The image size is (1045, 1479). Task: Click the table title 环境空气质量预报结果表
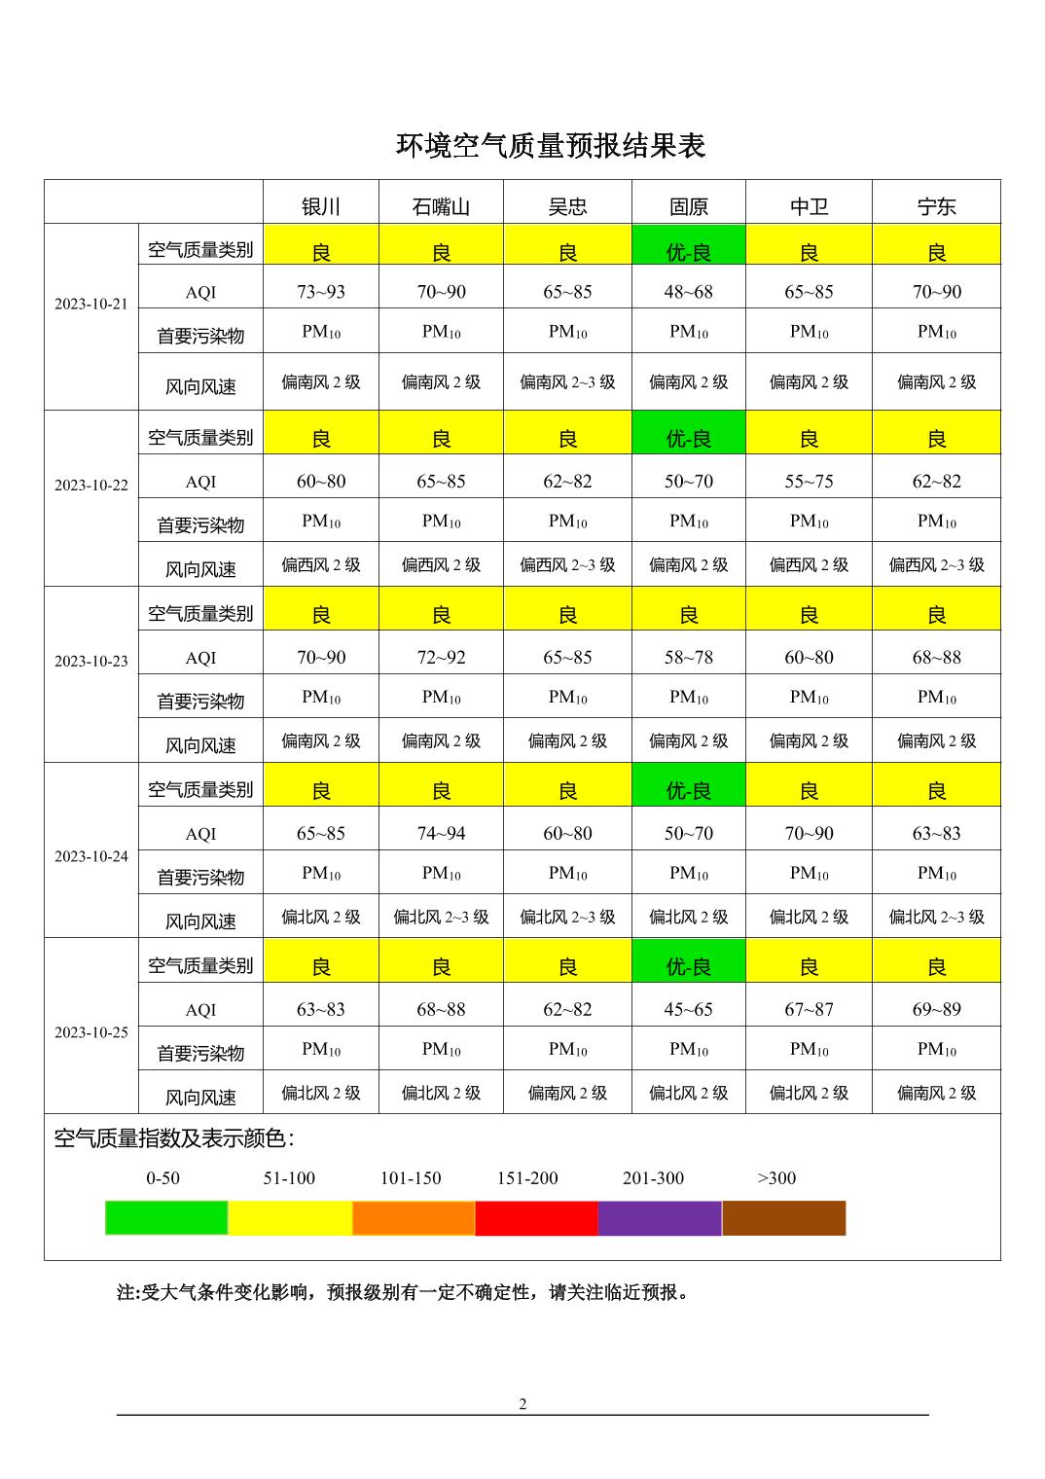coord(550,146)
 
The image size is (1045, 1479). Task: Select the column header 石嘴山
coord(441,206)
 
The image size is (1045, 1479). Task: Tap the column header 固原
coord(688,206)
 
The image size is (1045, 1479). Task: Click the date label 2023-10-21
coord(91,304)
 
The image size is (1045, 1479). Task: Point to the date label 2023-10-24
coord(91,856)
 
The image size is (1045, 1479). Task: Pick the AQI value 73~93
coord(321,292)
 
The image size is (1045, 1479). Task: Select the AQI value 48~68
coord(688,292)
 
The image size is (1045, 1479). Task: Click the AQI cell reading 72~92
coord(441,658)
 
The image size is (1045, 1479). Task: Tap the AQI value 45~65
coord(688,1010)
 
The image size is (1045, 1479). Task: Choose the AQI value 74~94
coord(441,834)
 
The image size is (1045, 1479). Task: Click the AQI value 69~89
coord(936,1010)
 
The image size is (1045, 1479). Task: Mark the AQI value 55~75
coord(809,482)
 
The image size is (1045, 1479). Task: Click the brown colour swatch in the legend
coord(784,1218)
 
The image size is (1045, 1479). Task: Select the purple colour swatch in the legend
coord(660,1218)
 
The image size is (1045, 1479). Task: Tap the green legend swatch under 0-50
coord(166,1218)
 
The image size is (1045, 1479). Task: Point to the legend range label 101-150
coord(411,1178)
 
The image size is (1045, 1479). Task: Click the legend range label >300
coord(776,1178)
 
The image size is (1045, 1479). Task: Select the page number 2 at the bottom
coord(522,1404)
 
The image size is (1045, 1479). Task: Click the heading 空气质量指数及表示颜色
coord(174,1138)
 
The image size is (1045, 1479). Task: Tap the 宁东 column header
coord(936,206)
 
